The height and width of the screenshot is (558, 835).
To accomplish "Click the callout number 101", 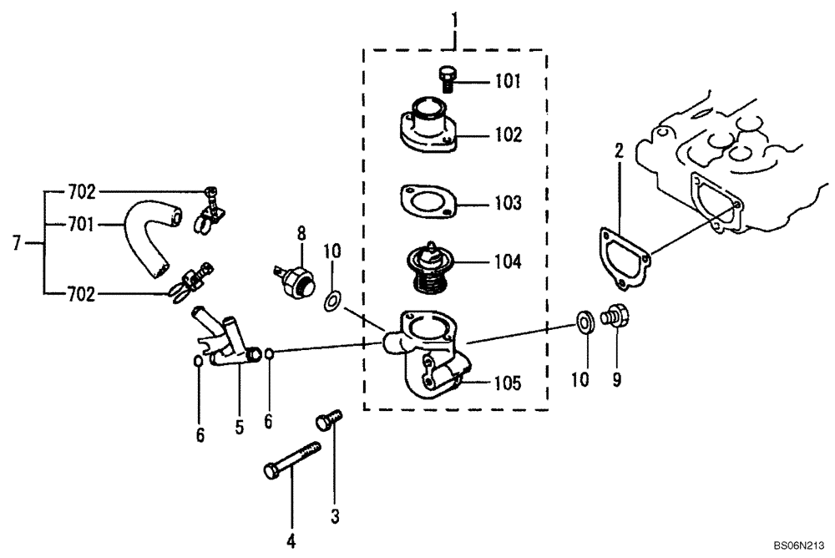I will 507,82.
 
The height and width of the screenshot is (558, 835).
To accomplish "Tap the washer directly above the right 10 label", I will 584,320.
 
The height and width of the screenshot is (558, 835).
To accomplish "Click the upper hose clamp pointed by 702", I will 209,209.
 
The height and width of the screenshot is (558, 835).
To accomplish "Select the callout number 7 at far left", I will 17,243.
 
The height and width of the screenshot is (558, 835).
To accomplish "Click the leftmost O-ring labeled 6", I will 196,360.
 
